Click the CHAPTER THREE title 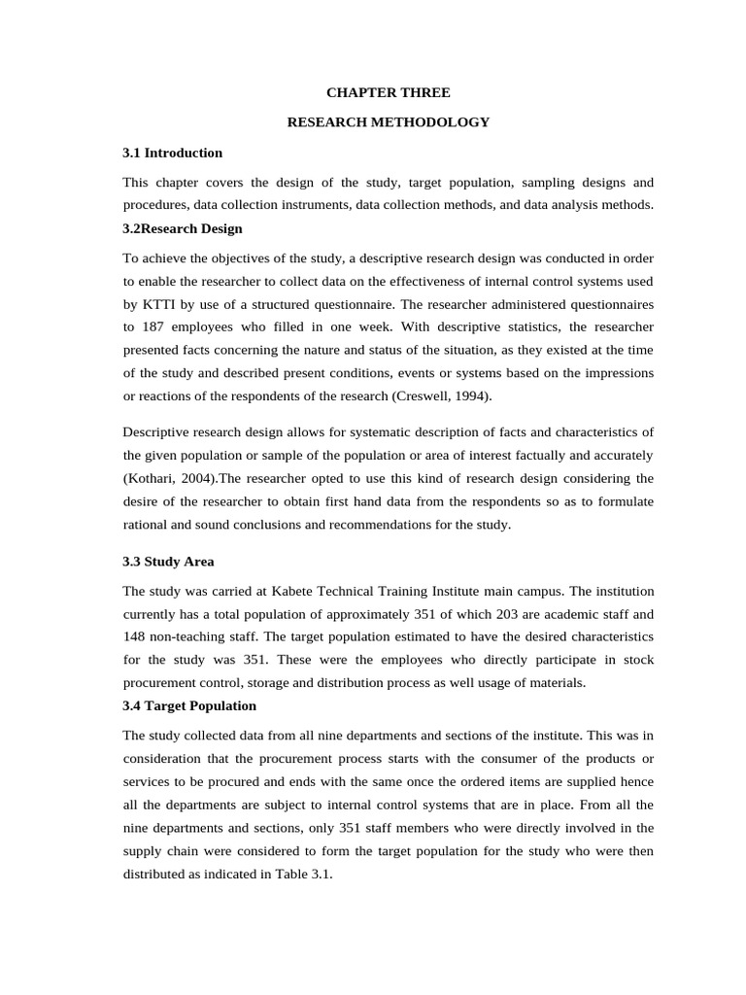(x=388, y=92)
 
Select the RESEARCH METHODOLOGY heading (x=389, y=122)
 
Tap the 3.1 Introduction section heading (x=172, y=153)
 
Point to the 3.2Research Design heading (x=183, y=228)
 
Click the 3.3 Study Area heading (x=168, y=562)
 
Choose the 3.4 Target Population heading (x=189, y=705)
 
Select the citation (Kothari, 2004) (x=164, y=478)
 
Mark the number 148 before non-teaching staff (x=136, y=636)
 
